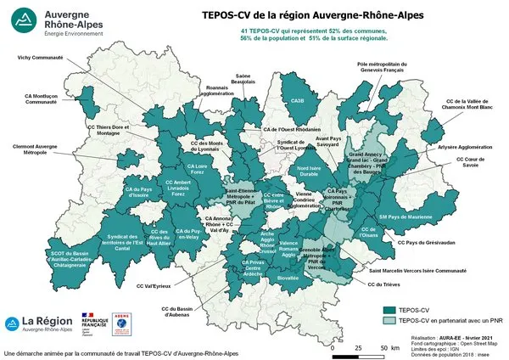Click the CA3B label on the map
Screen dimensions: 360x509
[297, 100]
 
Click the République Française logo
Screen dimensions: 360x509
[93, 324]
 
